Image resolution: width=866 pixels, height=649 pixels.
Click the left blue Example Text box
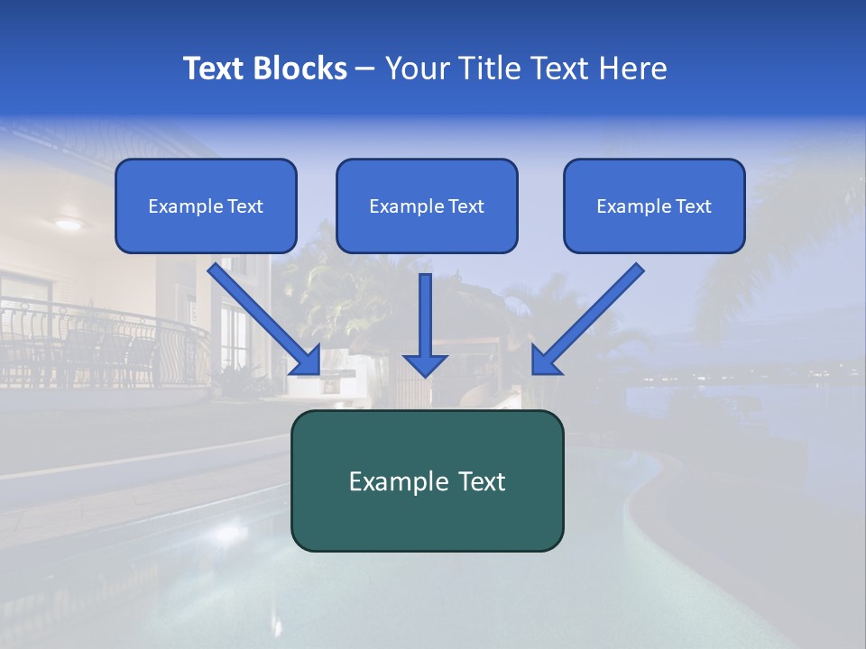point(206,206)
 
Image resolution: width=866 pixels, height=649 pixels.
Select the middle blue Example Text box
point(427,206)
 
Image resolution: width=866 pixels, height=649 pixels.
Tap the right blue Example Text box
point(654,206)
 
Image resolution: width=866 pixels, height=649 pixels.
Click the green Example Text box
point(427,480)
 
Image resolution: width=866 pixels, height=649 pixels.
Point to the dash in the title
point(365,69)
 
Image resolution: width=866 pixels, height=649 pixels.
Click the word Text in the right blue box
point(694,206)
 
